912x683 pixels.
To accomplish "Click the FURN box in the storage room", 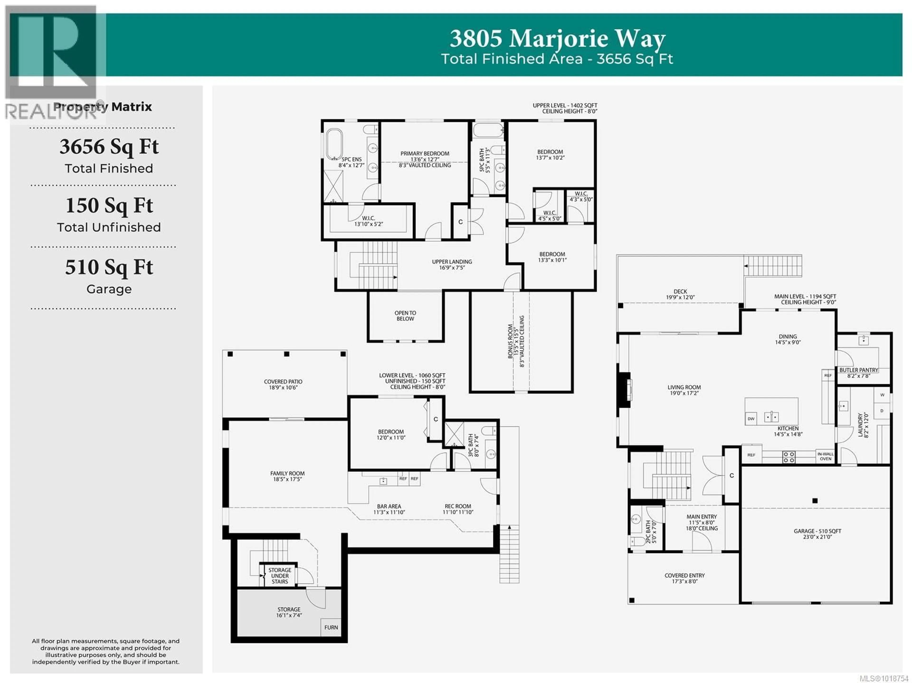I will click(x=331, y=627).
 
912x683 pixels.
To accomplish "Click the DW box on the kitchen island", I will click(x=751, y=419).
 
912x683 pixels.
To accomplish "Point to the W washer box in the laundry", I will click(x=882, y=395).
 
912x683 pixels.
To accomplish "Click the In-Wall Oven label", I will click(x=825, y=456).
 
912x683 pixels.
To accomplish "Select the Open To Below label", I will click(x=405, y=316).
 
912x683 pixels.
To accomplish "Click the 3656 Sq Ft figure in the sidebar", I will click(x=109, y=147).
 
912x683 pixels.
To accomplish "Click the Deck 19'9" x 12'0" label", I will click(x=680, y=294).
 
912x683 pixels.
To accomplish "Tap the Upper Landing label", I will click(x=452, y=264).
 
